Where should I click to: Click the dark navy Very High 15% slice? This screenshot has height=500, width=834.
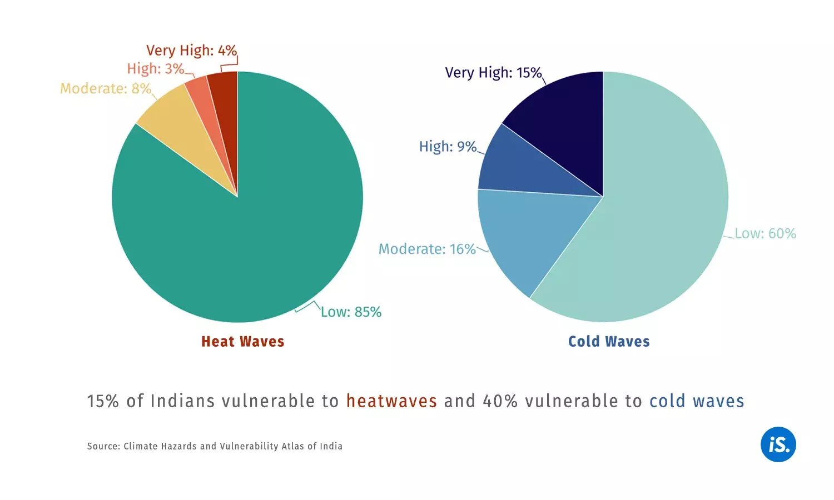(567, 122)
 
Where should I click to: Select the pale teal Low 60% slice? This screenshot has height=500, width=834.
(656, 211)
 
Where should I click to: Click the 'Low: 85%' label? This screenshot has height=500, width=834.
(351, 312)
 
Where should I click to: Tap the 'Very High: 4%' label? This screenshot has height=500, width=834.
(191, 51)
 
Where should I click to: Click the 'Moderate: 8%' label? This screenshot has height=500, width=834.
(106, 89)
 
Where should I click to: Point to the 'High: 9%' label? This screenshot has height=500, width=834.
(448, 147)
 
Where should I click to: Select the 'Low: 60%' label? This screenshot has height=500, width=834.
(765, 233)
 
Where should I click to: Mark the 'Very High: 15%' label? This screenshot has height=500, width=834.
(493, 73)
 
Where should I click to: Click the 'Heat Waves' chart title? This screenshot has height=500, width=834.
(242, 342)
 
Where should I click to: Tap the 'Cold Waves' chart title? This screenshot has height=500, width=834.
(609, 342)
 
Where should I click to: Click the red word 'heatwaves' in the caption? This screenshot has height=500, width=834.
(391, 401)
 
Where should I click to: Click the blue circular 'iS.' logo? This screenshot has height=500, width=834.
(778, 444)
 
